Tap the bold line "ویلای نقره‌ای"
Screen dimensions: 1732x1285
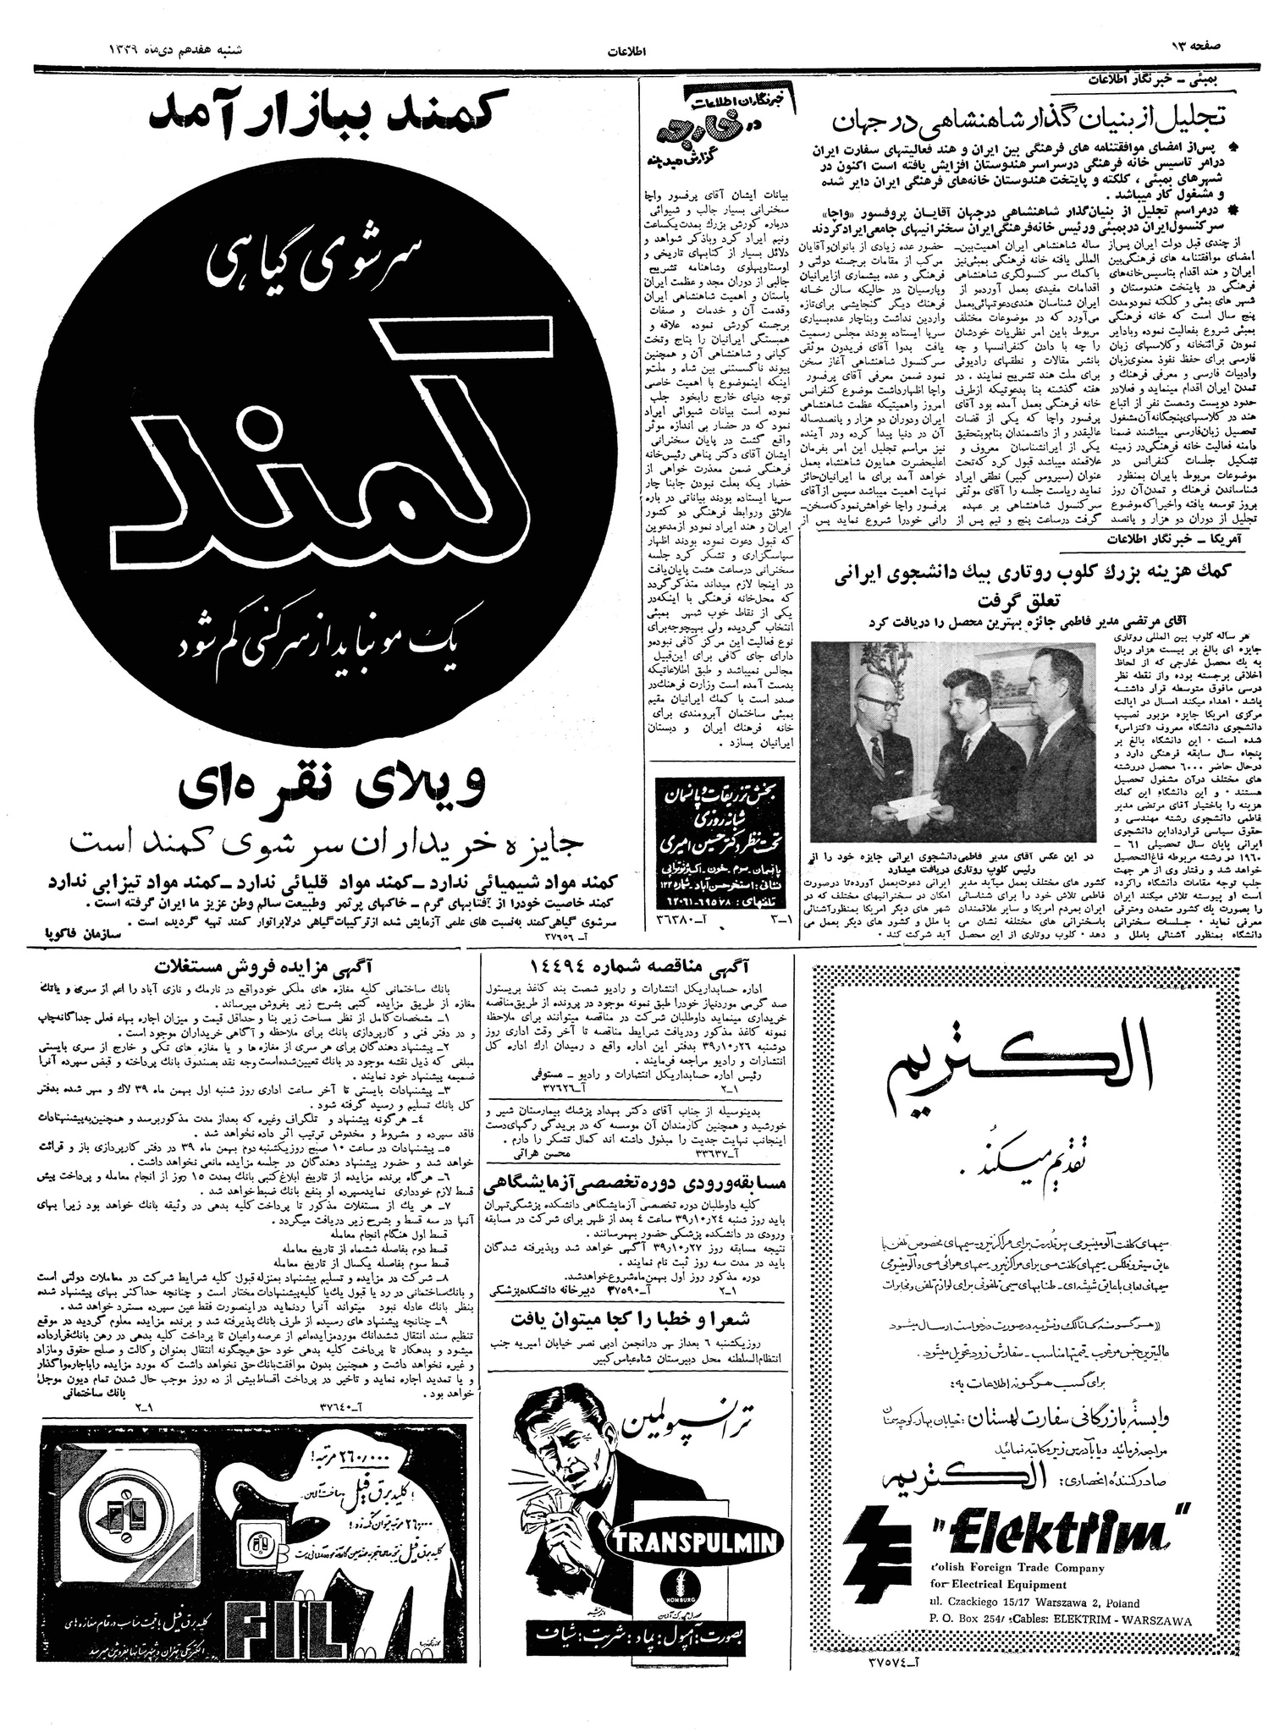[333, 785]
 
